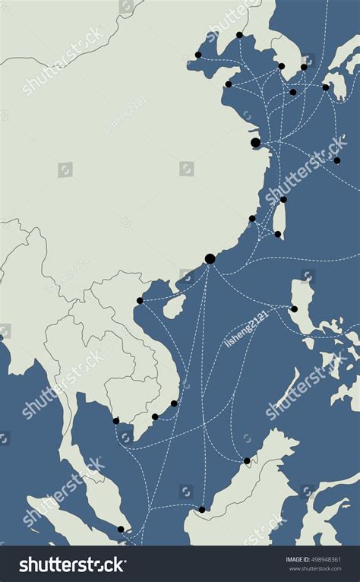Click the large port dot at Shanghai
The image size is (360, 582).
tap(255, 142)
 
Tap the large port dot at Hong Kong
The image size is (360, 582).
tap(210, 258)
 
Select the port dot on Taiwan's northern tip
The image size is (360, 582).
tap(283, 200)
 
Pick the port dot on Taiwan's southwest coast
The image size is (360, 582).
tap(277, 234)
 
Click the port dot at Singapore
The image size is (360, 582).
tap(121, 529)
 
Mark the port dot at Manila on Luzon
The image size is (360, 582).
tap(294, 308)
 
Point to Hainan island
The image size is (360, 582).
tap(174, 305)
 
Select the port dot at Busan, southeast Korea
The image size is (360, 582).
tap(304, 67)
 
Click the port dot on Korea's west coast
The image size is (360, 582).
tap(281, 66)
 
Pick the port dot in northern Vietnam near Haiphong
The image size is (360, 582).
tap(140, 300)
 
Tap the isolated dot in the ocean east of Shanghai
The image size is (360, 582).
tap(336, 160)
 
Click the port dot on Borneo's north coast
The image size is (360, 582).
tap(246, 460)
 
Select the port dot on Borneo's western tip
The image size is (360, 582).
tap(201, 509)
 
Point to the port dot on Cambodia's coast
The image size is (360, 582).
tap(116, 420)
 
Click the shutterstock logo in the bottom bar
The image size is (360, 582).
tap(73, 565)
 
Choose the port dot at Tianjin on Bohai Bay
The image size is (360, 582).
tap(198, 55)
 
